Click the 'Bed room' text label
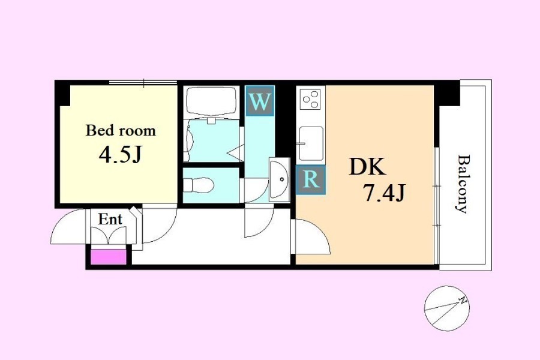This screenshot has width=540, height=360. pos(121,131)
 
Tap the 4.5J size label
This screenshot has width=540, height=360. pos(120,155)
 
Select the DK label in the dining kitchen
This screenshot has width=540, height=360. pos(367,167)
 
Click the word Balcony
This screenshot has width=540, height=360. pos(463,184)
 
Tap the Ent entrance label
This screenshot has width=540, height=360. pos(110,219)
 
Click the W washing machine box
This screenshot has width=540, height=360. pos(260,101)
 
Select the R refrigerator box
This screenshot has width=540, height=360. pos(311,179)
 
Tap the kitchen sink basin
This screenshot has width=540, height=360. pos(311,143)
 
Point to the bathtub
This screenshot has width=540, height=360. pos(211,103)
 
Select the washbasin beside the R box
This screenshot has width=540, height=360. pos(279,180)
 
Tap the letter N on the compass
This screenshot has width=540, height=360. pos(463,301)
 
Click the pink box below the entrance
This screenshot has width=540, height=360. pos(108,257)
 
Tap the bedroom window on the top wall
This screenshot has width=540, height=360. pos(143,83)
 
